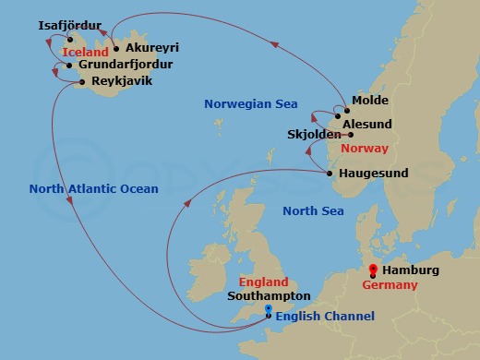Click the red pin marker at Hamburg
373,270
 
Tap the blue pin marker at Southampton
269,310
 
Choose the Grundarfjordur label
125,65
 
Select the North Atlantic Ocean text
81,189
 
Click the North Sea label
313,211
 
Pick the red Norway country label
364,149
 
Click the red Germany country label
389,285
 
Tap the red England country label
263,282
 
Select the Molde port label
370,101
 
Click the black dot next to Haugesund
330,173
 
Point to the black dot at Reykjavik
83,82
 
